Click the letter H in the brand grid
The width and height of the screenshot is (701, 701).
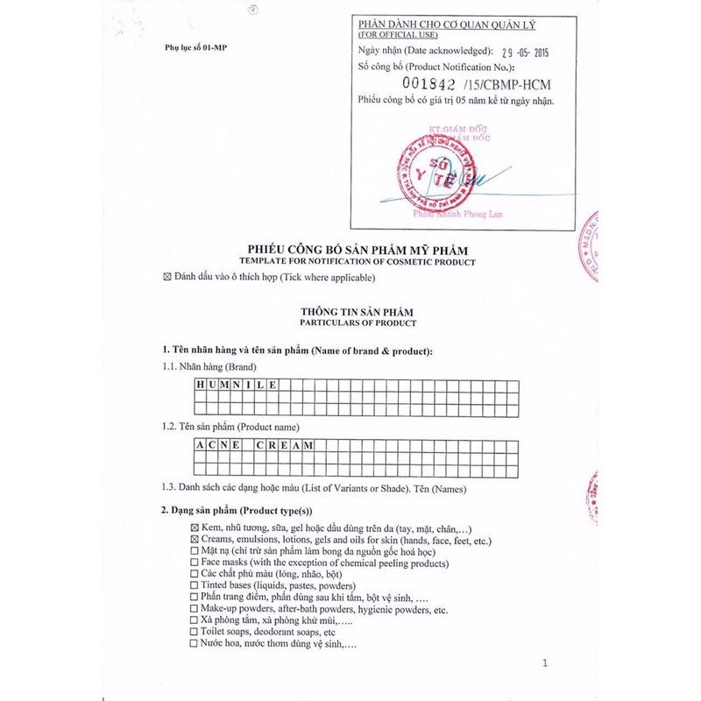pos(200,385)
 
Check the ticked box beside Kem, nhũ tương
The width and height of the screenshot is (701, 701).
pos(194,528)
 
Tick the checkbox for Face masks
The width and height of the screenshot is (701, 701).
pos(194,562)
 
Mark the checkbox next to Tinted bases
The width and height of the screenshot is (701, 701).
pos(194,584)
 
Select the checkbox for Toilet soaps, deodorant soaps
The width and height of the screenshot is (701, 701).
pos(194,631)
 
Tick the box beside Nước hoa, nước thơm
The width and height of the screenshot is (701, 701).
pos(194,643)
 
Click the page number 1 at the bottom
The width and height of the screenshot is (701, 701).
pos(544,663)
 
